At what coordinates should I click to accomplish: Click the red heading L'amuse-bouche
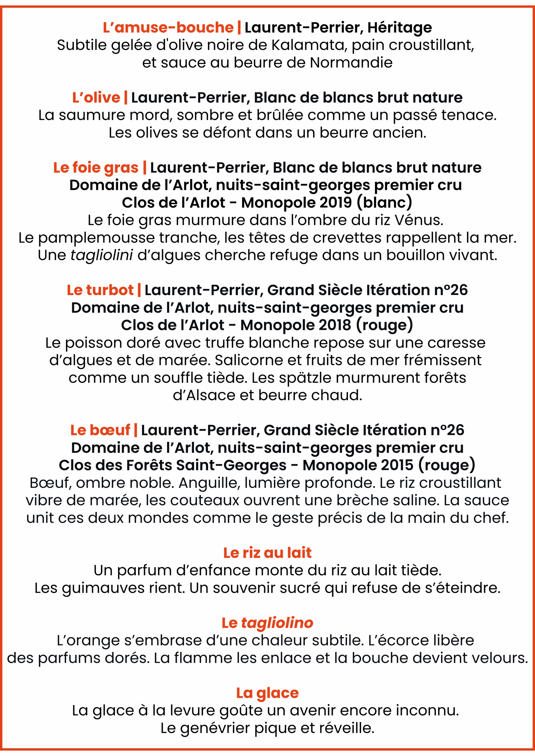[x=168, y=28]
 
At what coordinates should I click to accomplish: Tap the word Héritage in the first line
[x=400, y=28]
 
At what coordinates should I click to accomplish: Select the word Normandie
[x=351, y=63]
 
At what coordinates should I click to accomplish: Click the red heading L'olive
[x=96, y=98]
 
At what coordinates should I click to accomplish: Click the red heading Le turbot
[x=100, y=290]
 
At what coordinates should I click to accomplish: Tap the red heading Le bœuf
[x=100, y=430]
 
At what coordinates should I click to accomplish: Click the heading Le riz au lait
[x=267, y=553]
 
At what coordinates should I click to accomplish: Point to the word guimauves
[x=103, y=588]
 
